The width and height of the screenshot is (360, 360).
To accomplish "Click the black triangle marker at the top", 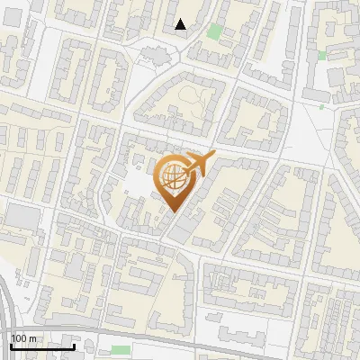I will point(181,24).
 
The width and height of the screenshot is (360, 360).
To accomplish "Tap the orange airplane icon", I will point(200,163).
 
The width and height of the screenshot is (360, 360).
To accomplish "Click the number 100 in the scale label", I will point(19,338).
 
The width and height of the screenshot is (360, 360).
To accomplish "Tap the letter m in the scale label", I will point(32,338).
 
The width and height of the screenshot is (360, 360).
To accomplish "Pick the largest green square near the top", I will point(214,31).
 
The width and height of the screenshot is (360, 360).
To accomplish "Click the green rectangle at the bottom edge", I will point(120,350).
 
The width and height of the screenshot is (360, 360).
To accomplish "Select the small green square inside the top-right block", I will point(322,56).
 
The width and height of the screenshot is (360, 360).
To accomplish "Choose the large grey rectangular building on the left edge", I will point(22,215).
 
